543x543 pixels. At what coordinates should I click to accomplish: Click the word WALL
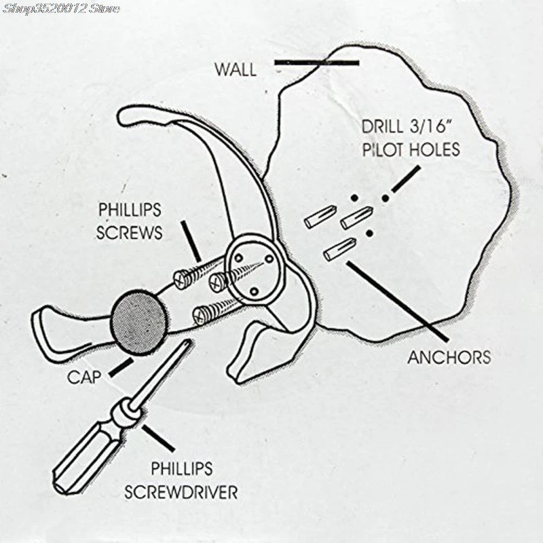click(236, 69)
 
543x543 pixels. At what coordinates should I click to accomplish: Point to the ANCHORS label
click(449, 356)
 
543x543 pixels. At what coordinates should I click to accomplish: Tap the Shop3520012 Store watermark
click(60, 9)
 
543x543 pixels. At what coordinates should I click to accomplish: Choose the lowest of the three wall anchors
click(339, 250)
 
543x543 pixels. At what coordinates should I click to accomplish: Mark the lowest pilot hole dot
click(369, 233)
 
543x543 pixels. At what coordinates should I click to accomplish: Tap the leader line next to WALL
click(316, 63)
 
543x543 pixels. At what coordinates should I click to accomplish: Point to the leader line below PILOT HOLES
click(404, 178)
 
